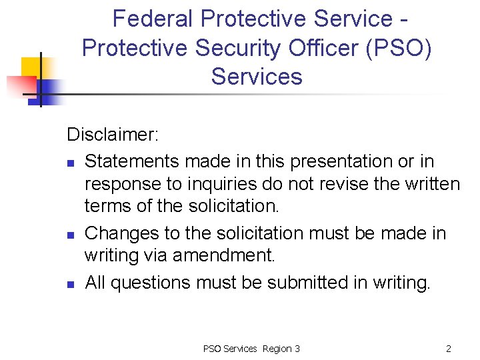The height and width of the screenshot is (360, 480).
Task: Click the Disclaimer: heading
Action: pyautogui.click(x=113, y=135)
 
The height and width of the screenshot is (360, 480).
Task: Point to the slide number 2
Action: pyautogui.click(x=449, y=349)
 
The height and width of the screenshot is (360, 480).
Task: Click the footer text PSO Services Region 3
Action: pyautogui.click(x=251, y=349)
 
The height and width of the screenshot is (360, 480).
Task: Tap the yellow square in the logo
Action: pyautogui.click(x=31, y=67)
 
